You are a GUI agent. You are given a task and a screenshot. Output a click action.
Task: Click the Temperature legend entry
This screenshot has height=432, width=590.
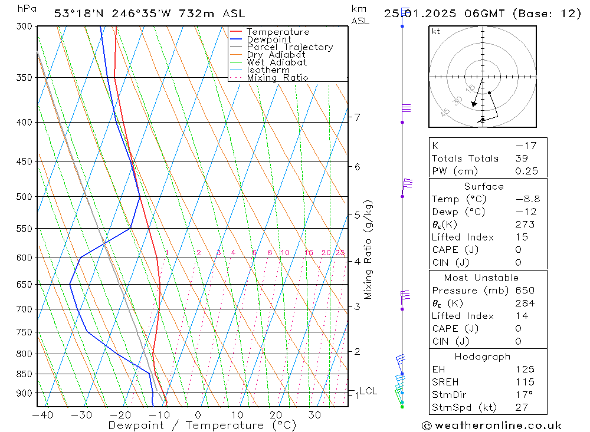[x=277, y=32]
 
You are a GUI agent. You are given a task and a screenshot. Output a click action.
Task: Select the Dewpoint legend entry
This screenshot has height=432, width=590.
[x=268, y=39]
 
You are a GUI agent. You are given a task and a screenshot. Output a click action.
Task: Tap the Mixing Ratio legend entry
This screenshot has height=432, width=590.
[x=277, y=77]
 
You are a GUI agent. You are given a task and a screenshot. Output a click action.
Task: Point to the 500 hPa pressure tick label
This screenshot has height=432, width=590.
[x=24, y=196]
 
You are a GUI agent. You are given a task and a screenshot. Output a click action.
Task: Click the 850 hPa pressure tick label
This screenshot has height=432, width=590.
[x=24, y=374]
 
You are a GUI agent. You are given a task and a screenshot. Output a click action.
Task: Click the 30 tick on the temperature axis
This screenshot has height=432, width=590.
[x=314, y=415]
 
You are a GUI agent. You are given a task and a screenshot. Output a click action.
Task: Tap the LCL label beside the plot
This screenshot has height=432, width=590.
[x=368, y=391]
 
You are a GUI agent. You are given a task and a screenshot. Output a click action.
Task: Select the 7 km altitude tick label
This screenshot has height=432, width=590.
[x=357, y=117]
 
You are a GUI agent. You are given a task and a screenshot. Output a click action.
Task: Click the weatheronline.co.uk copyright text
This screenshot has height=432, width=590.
[x=491, y=426]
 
